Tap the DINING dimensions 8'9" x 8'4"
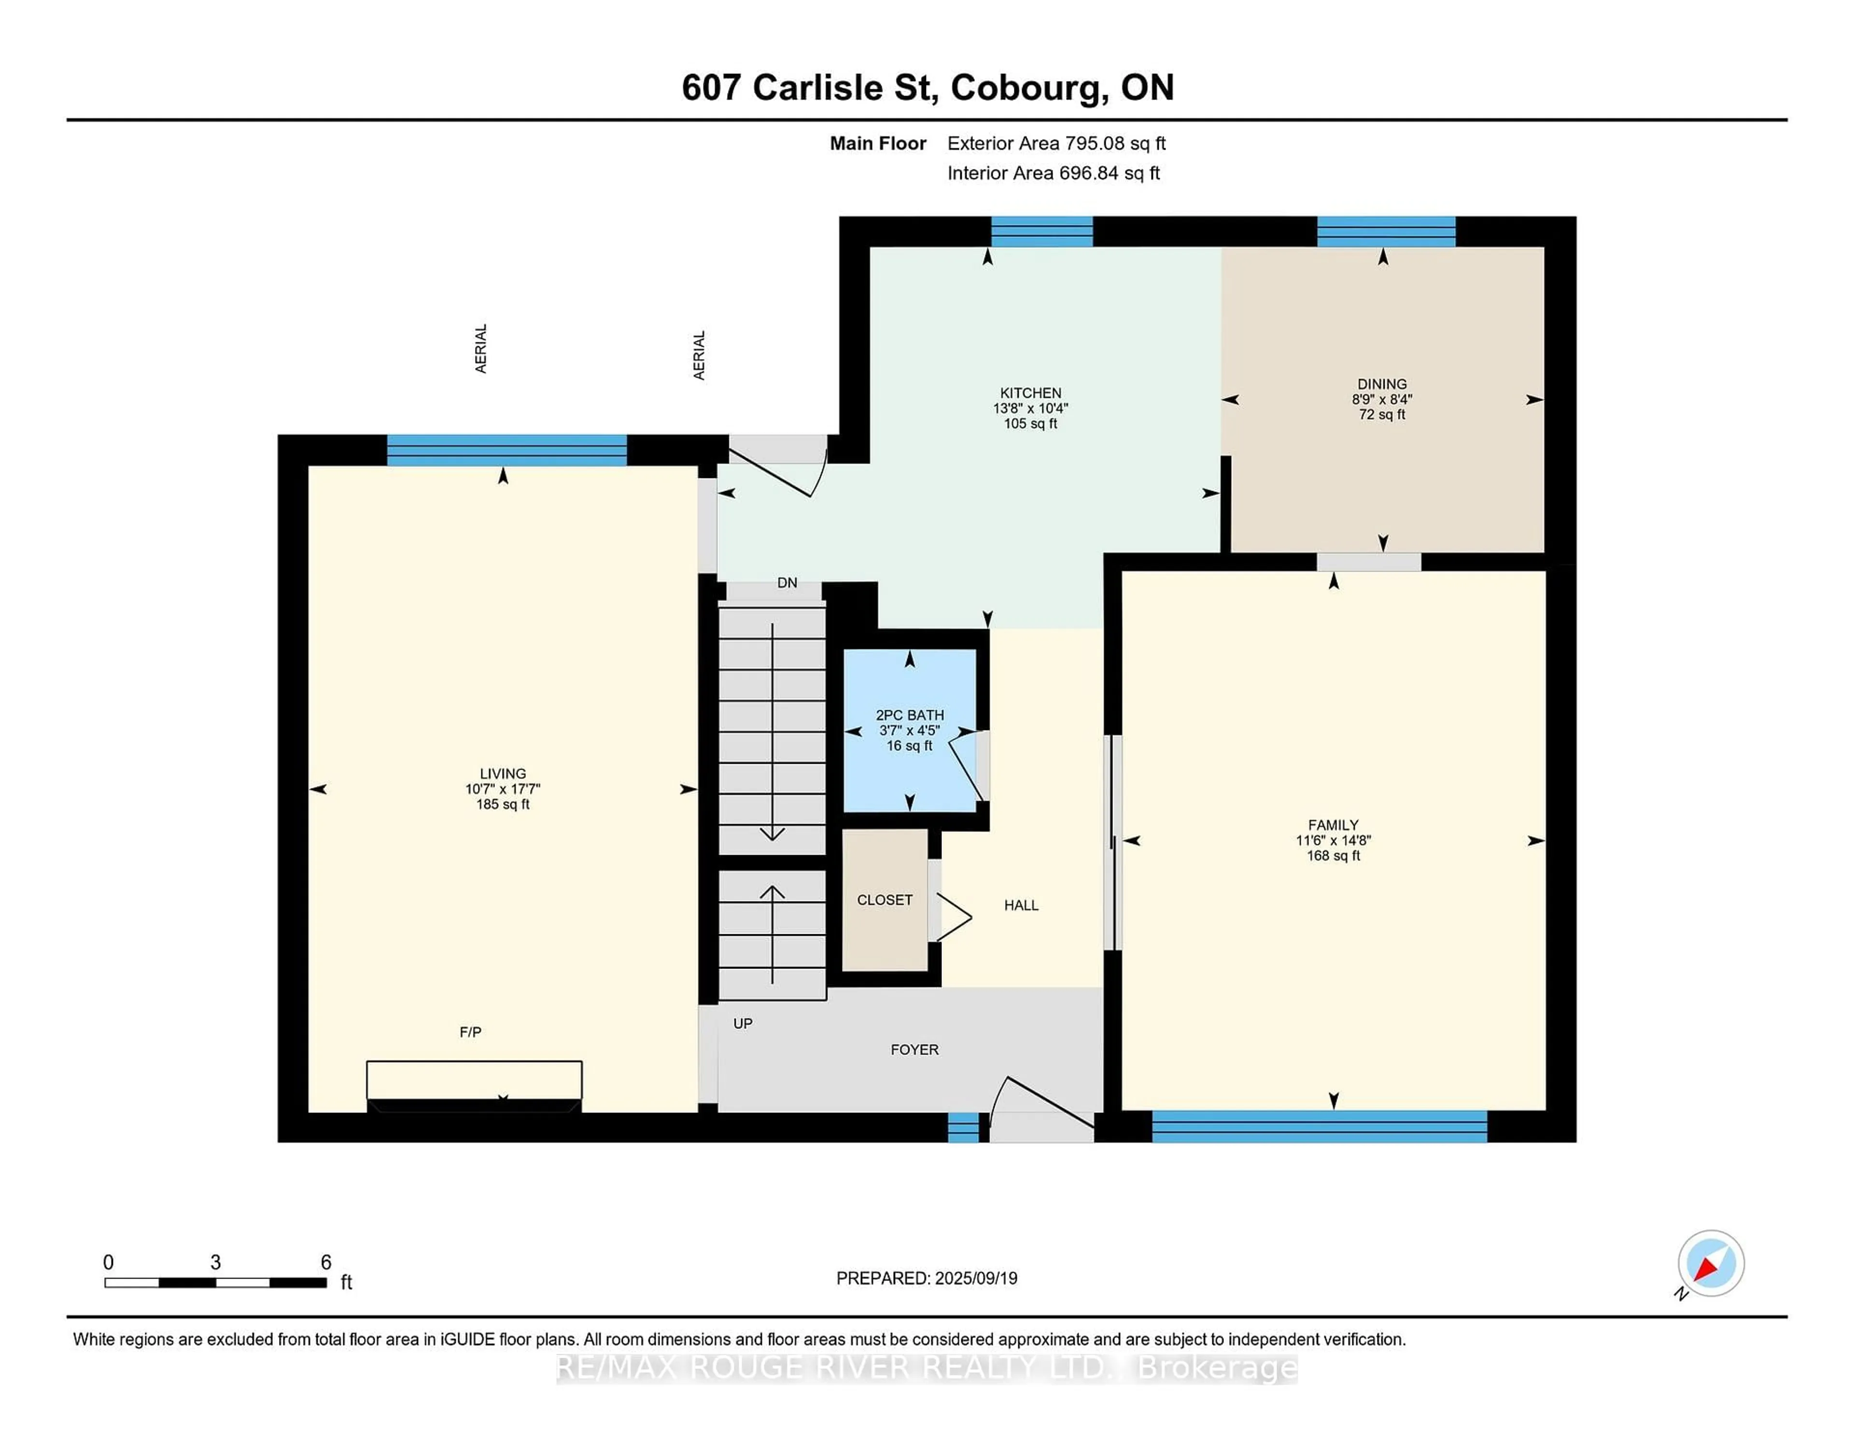1381,399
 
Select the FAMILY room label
1333,825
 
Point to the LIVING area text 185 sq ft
503,804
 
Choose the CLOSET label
885,900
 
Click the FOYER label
914,1050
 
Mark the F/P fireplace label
470,1032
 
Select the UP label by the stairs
742,1024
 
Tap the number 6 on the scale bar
326,1263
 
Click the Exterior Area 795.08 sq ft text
1056,143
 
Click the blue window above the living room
507,450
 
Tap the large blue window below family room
1319,1126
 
